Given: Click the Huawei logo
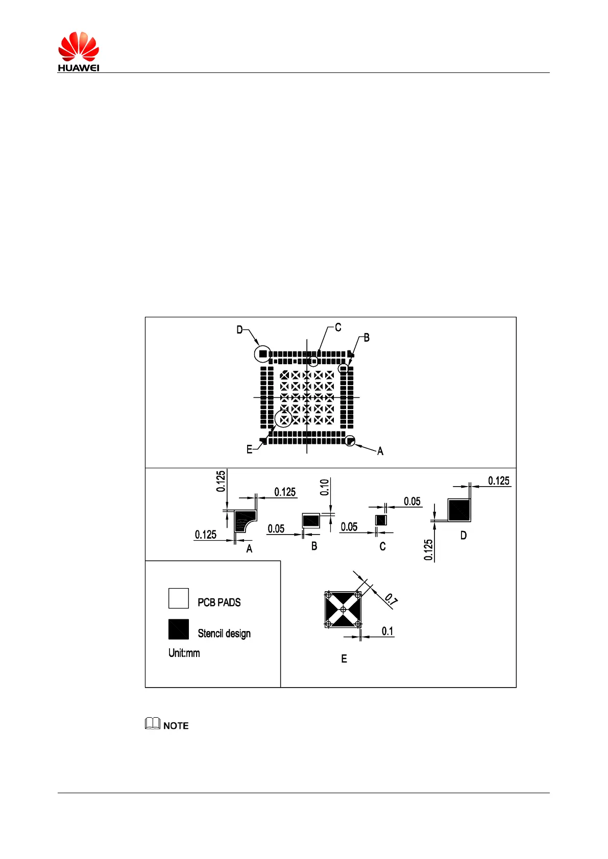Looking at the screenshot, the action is click(78, 51).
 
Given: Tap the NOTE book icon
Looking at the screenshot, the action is click(152, 723).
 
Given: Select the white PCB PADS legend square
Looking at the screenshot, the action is click(179, 598).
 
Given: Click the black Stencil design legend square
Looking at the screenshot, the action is click(179, 629).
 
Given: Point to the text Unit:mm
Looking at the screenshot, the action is click(184, 653).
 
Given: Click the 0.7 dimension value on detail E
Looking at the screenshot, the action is click(391, 599).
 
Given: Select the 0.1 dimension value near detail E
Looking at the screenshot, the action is click(387, 631).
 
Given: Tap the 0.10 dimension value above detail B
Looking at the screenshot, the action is click(325, 488).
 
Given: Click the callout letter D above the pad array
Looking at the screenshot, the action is click(239, 330).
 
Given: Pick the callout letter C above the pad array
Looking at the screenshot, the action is click(338, 327).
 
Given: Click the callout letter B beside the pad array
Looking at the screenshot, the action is click(367, 338).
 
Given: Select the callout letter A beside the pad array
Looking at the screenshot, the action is click(380, 451).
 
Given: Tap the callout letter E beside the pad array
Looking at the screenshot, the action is click(249, 449).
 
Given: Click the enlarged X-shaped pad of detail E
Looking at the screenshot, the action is click(343, 610).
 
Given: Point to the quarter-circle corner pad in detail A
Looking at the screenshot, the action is click(244, 520).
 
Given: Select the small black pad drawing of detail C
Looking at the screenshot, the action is click(381, 520).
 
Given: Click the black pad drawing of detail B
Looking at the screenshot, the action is click(311, 521).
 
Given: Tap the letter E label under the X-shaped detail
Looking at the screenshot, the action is click(344, 659).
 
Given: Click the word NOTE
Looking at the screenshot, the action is click(176, 726).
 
